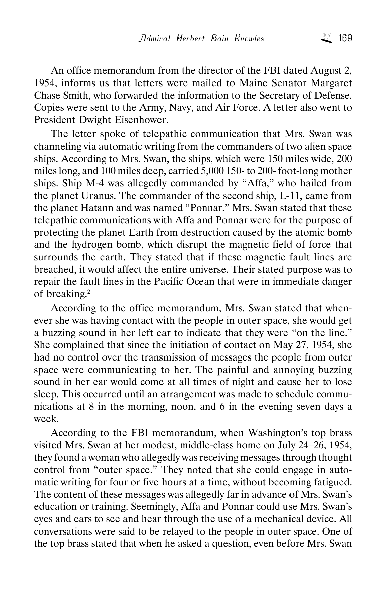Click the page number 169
pos(345,38)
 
